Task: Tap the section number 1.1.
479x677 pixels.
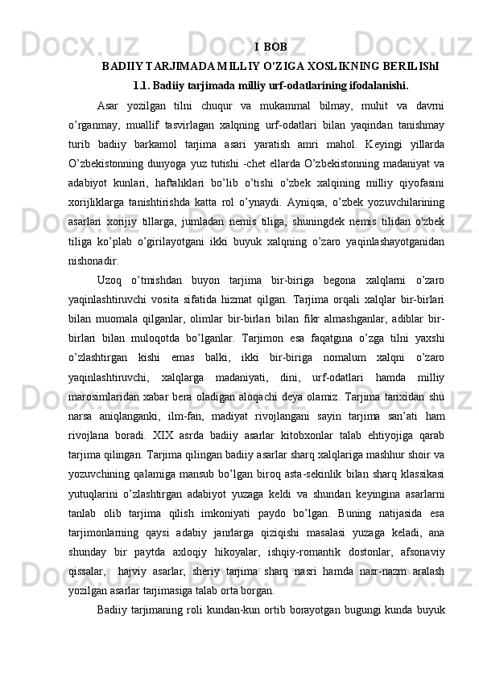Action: (x=145, y=85)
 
